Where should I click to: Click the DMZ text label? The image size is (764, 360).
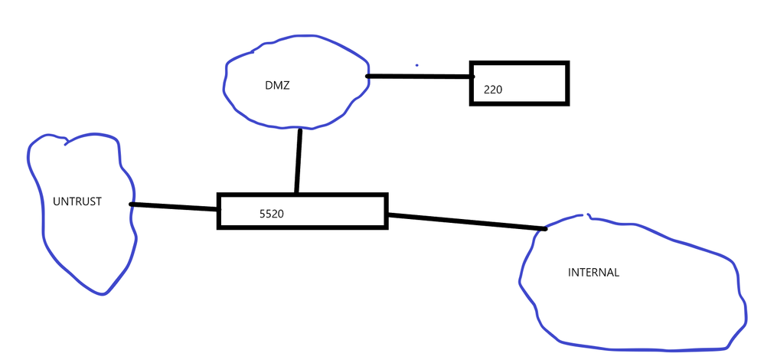[273, 86]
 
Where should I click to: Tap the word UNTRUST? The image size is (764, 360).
[77, 202]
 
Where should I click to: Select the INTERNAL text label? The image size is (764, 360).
[593, 272]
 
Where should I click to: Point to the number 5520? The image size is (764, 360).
[272, 214]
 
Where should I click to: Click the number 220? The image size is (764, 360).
[493, 90]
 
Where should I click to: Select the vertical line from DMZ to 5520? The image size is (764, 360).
[299, 161]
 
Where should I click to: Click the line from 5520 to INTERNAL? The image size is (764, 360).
[467, 221]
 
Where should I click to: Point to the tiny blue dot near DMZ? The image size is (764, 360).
[416, 65]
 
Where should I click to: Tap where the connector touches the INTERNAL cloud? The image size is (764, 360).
[544, 228]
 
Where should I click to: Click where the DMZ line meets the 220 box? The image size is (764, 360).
[471, 77]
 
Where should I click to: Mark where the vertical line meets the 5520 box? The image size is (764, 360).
[296, 193]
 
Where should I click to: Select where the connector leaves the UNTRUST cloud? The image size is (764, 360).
[132, 204]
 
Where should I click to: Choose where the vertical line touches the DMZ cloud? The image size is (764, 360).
[299, 129]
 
